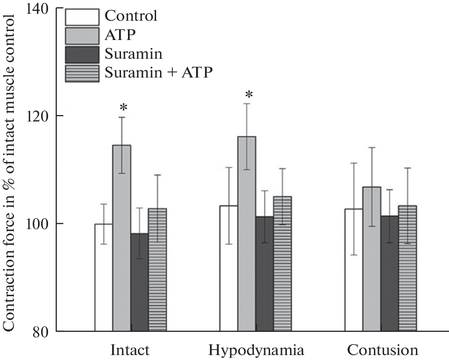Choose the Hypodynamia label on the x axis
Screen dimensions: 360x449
point(256,351)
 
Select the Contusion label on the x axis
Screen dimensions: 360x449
point(382,351)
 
